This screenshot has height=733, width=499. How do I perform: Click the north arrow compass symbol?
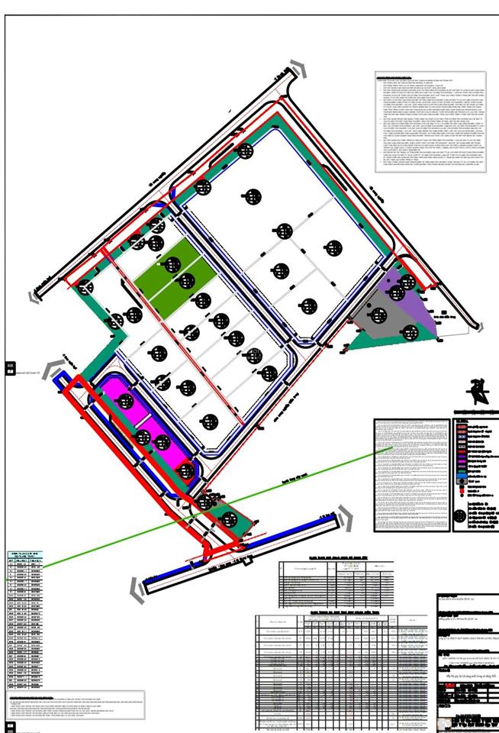[478, 390]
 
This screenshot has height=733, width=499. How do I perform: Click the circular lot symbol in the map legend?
[459, 516]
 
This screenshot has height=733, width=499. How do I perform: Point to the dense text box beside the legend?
[410, 473]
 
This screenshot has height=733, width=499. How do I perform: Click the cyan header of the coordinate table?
[25, 555]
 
